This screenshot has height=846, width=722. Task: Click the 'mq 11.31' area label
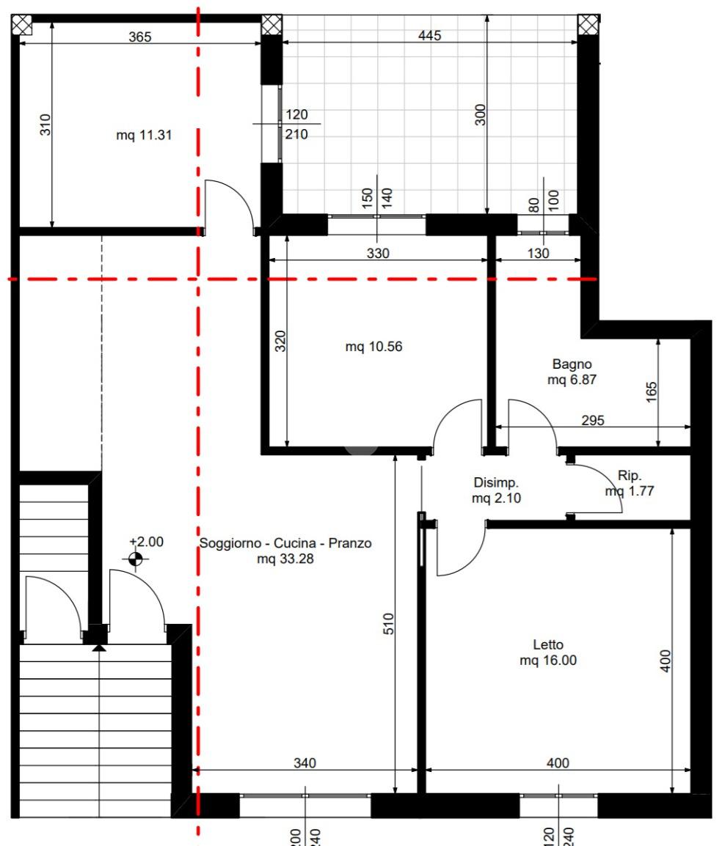(144, 135)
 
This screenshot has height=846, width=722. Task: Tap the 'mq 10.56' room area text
(373, 346)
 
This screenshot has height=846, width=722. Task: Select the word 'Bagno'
(572, 364)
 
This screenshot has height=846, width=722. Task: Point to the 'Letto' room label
(548, 644)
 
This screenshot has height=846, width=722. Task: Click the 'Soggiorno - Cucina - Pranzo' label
(285, 542)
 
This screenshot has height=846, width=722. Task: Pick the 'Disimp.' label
(496, 482)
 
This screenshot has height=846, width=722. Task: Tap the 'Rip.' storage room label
(630, 475)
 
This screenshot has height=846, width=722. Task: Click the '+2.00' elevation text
(146, 542)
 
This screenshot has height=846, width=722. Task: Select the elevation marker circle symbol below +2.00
(136, 559)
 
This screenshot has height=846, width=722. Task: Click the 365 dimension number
(140, 37)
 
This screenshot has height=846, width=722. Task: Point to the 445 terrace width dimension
(430, 35)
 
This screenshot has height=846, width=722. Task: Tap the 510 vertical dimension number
(388, 624)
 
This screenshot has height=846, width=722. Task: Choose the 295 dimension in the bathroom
(593, 420)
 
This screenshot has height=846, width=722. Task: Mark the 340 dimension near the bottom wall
(305, 763)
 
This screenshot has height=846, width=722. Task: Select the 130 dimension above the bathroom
(539, 253)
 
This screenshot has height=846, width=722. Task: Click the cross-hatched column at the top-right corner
(588, 25)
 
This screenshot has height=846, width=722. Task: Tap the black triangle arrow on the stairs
(99, 647)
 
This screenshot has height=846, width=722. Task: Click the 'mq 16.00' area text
(548, 660)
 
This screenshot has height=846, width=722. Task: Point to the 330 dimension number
(378, 253)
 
